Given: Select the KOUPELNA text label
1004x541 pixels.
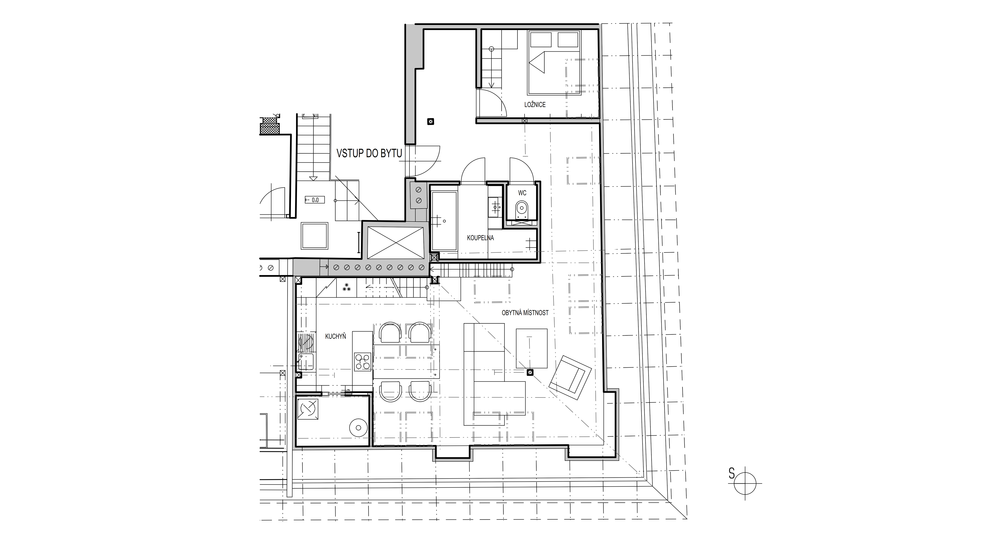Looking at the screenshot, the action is coord(481,238).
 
